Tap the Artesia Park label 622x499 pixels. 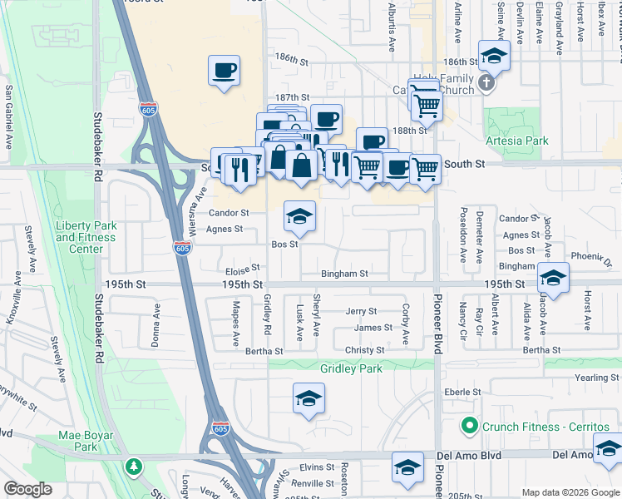[516, 141]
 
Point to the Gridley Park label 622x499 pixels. [350, 368]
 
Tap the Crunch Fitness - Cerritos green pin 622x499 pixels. [469, 427]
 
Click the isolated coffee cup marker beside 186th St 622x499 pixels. [224, 70]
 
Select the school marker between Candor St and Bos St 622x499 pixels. [300, 216]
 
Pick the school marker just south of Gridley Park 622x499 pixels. [309, 398]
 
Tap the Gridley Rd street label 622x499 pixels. [268, 315]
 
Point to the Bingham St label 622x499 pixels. [345, 274]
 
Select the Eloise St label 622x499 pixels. [243, 269]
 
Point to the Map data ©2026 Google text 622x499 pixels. [570, 492]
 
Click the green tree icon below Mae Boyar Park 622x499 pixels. [132, 466]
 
